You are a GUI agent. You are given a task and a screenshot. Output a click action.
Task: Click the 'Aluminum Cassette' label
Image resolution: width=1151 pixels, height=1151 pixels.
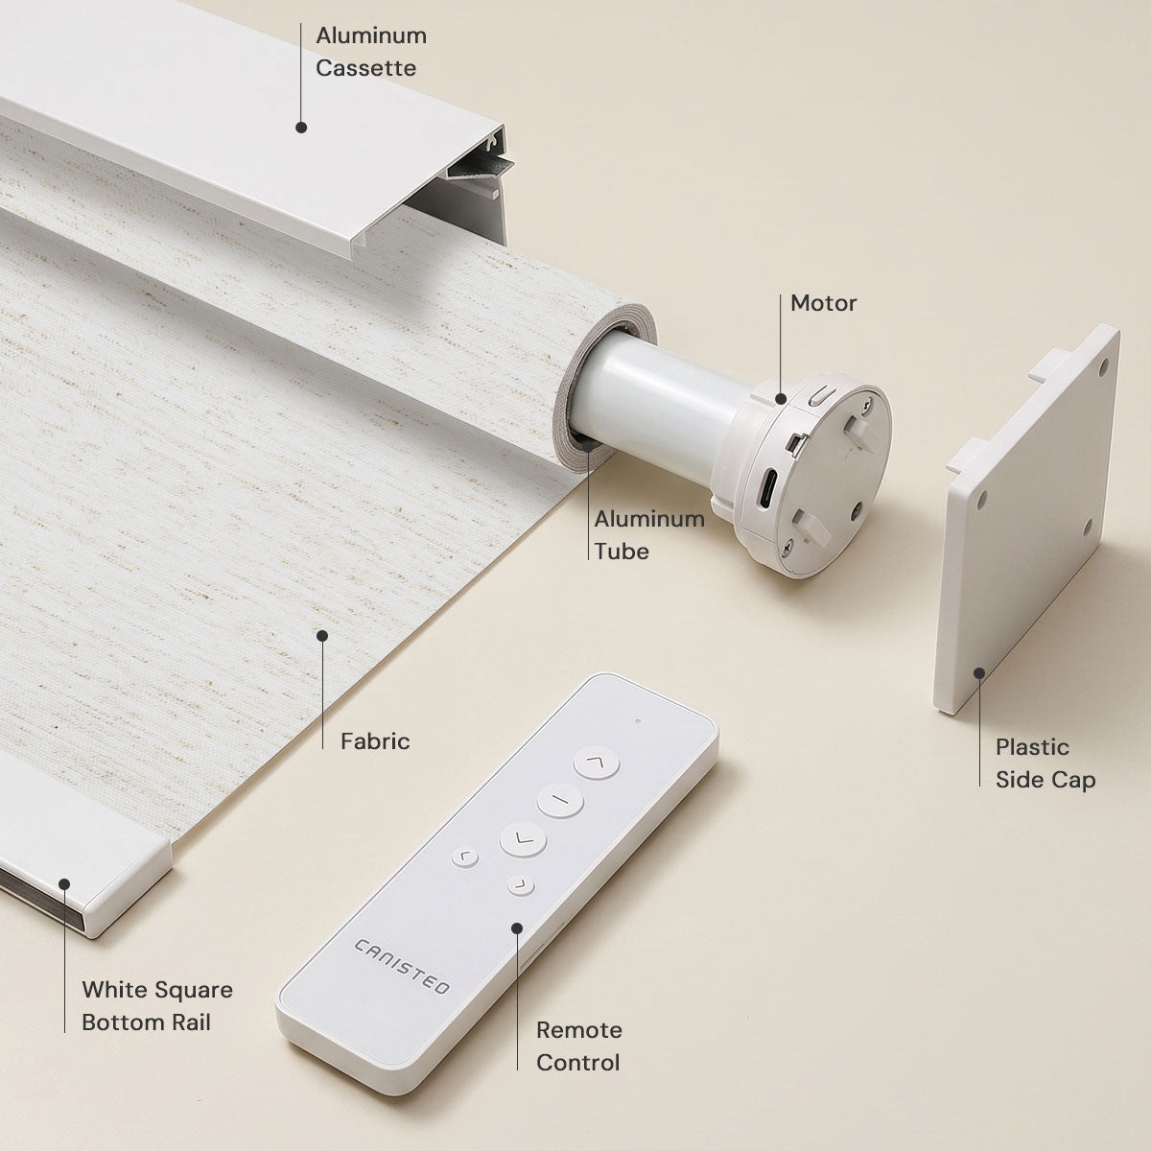(x=371, y=52)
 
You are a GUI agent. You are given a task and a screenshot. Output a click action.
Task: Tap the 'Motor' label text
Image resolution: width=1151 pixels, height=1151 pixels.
(x=823, y=303)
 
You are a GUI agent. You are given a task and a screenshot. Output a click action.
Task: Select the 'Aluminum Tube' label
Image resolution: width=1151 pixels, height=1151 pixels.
(x=649, y=535)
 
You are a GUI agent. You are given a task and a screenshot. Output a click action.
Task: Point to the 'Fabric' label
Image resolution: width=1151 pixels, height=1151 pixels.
(x=375, y=741)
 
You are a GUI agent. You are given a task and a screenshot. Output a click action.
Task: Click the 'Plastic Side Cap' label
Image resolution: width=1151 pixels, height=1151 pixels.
(x=1045, y=763)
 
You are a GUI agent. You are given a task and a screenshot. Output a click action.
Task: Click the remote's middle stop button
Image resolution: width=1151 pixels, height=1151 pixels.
(x=559, y=800)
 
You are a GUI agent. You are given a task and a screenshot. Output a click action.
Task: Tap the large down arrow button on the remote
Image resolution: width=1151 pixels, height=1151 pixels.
(x=523, y=840)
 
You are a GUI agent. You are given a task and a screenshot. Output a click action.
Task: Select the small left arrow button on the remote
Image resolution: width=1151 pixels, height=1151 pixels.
(x=464, y=857)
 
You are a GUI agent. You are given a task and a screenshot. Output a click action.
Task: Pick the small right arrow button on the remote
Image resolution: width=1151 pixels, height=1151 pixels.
(x=521, y=886)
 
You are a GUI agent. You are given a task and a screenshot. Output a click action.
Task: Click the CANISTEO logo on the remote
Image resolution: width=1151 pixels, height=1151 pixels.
(x=401, y=966)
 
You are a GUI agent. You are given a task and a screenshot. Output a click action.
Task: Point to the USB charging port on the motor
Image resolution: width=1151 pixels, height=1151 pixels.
(x=767, y=487)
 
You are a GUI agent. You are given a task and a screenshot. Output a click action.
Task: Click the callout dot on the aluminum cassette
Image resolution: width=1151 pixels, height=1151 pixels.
(x=301, y=128)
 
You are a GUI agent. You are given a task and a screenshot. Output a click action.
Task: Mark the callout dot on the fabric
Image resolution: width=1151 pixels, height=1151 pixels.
(x=322, y=636)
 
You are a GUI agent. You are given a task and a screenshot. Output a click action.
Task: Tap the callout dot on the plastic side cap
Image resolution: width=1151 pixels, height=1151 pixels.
(x=979, y=673)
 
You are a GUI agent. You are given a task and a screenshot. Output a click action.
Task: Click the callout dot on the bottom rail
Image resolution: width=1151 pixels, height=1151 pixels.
(x=64, y=884)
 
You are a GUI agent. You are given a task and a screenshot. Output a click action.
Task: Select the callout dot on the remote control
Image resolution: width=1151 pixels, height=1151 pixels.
(x=517, y=928)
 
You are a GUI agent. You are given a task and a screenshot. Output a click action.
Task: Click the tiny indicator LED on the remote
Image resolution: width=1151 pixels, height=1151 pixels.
(x=638, y=721)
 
